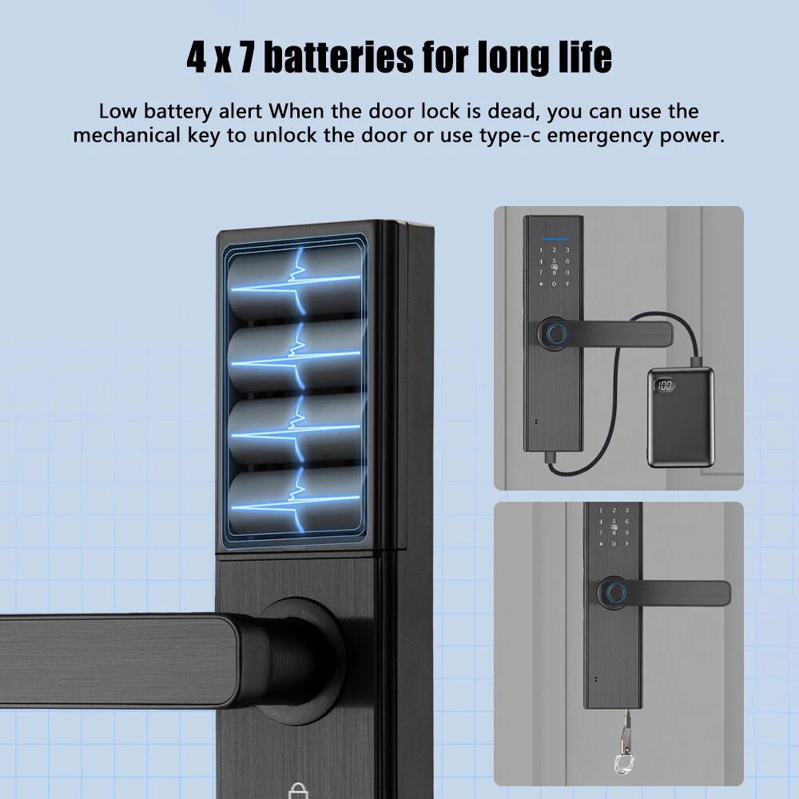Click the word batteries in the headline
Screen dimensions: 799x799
340,57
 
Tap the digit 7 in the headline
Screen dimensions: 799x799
247,57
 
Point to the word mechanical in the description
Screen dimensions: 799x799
127,136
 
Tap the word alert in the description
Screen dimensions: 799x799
240,111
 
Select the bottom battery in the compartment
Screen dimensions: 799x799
296,502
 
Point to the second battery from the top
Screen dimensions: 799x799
296,356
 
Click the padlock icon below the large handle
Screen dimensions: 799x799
298,791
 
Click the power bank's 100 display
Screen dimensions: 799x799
665,385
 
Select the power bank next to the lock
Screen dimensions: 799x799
681,417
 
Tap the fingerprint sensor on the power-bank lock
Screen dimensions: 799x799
556,334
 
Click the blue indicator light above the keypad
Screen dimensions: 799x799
555,238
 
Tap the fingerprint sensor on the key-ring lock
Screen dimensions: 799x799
615,593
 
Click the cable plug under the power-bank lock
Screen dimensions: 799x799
551,456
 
